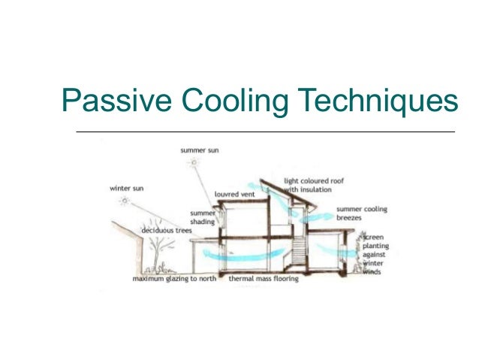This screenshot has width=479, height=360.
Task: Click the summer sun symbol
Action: pyautogui.click(x=194, y=162)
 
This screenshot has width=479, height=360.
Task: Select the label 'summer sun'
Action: pyautogui.click(x=197, y=150)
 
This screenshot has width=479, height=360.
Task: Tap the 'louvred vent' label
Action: pyautogui.click(x=234, y=194)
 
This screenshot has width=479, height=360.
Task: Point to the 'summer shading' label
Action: pyautogui.click(x=202, y=217)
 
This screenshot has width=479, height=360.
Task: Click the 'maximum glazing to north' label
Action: pyautogui.click(x=174, y=279)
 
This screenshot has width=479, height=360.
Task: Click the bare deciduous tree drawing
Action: pyautogui.click(x=158, y=252)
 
